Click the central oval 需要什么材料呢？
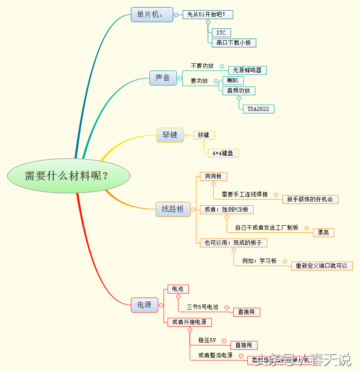[69, 176]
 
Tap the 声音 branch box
[163, 78]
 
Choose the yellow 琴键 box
[170, 135]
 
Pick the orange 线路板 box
[172, 209]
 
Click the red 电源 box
[144, 305]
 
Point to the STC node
[221, 33]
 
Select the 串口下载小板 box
[234, 43]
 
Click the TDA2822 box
[258, 109]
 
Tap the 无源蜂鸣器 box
[247, 70]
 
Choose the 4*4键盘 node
[223, 153]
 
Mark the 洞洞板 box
[213, 176]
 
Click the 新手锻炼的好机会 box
[310, 200]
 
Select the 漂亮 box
[323, 232]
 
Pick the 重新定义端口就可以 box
[322, 266]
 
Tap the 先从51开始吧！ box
[207, 15]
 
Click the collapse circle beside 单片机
[176, 15]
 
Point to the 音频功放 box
[239, 91]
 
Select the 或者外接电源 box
[189, 322]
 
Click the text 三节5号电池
[203, 307]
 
